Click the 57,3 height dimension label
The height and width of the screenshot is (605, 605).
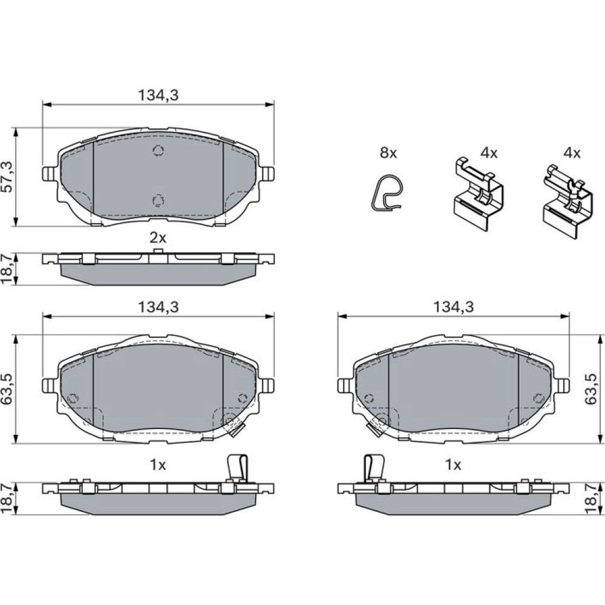(x=9, y=177)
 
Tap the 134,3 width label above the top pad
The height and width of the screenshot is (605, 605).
(x=158, y=96)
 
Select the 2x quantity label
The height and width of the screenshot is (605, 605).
(x=158, y=238)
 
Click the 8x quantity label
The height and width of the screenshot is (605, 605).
(x=388, y=153)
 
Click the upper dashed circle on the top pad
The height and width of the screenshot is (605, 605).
(x=158, y=150)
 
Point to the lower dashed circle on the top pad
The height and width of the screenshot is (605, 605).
(x=158, y=201)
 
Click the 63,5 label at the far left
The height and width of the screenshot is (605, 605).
(x=9, y=389)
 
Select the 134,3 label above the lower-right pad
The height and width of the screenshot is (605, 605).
(x=453, y=307)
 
